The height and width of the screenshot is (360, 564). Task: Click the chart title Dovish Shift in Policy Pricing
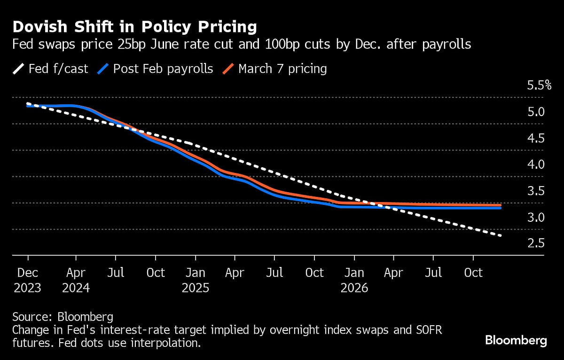[x=134, y=27]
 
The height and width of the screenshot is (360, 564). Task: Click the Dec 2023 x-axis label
[x=28, y=280]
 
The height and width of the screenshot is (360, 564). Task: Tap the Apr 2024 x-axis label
[x=76, y=280]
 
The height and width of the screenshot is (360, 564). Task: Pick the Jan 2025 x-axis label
[x=195, y=280]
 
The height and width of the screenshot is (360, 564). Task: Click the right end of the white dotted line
[x=501, y=235]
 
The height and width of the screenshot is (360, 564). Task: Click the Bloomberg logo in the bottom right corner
[x=516, y=341]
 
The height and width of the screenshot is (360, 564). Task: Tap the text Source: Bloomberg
[x=63, y=316]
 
